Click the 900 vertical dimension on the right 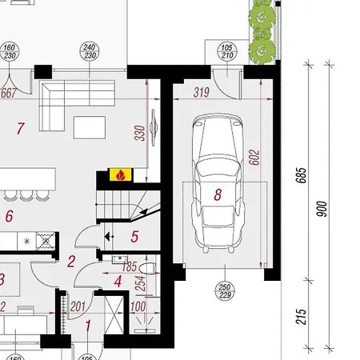[x=322, y=209]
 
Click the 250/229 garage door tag [x=225, y=292]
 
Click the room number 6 [x=10, y=215]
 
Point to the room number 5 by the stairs [x=134, y=236]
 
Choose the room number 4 [x=118, y=281]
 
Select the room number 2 [x=72, y=260]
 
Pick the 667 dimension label [x=10, y=93]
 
